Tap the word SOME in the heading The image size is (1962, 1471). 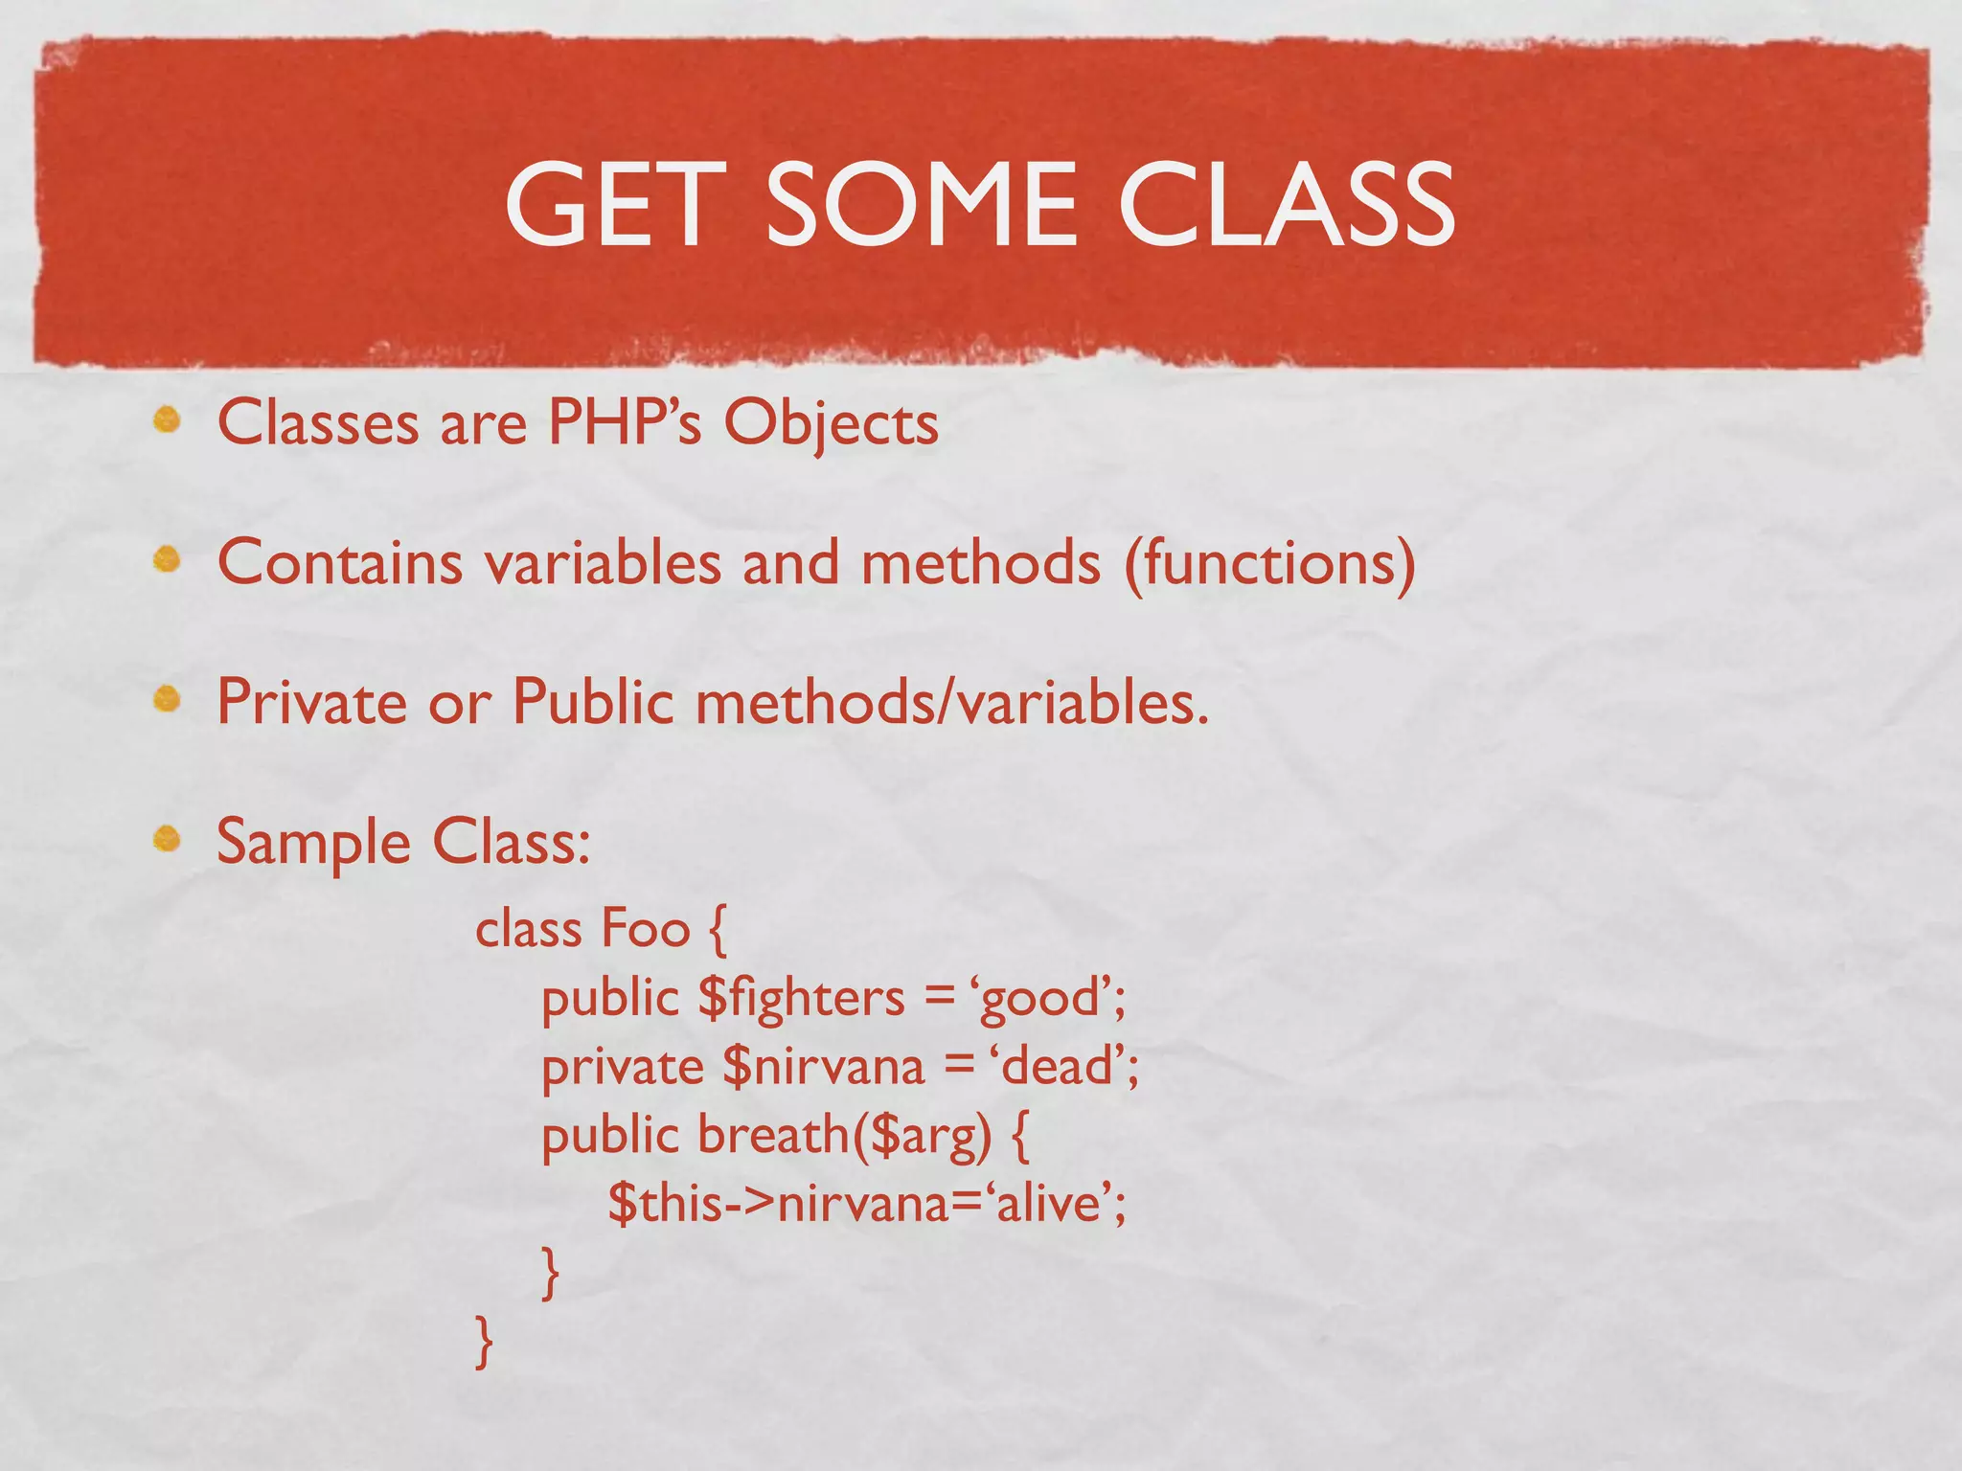921,204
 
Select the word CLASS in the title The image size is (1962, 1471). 1286,204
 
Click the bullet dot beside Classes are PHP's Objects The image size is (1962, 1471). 168,419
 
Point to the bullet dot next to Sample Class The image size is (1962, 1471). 168,839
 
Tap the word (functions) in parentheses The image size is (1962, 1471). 1269,562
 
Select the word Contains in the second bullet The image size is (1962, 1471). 340,562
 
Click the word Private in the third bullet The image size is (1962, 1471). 312,702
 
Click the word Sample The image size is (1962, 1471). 313,843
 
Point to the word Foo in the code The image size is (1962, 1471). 645,929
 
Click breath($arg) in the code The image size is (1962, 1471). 844,1136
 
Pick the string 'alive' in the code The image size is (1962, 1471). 1048,1203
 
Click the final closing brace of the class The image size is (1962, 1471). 485,1341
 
